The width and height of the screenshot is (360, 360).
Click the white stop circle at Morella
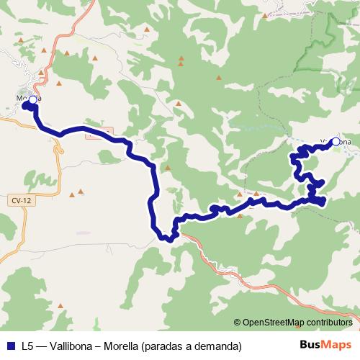click(32, 99)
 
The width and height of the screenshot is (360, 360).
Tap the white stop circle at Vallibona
click(335, 142)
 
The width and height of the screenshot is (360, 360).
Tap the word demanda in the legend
click(217, 346)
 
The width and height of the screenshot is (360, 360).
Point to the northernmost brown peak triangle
click(148, 30)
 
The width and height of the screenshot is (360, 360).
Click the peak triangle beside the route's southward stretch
click(167, 168)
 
